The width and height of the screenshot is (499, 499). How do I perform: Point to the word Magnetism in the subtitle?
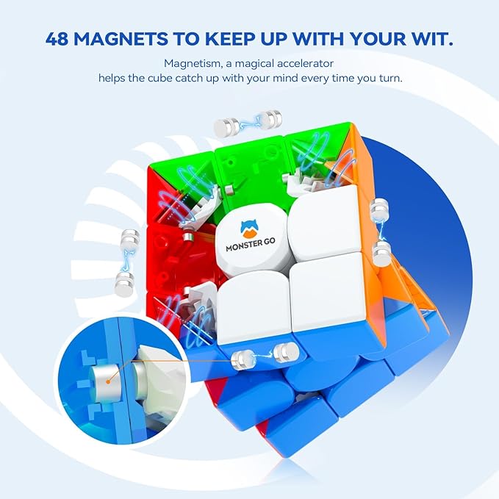click(189, 64)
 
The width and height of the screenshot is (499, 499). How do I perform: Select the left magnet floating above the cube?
click(225, 126)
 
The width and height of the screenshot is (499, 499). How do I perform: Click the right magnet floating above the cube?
click(273, 116)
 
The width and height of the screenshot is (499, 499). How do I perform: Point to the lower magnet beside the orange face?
click(381, 254)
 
